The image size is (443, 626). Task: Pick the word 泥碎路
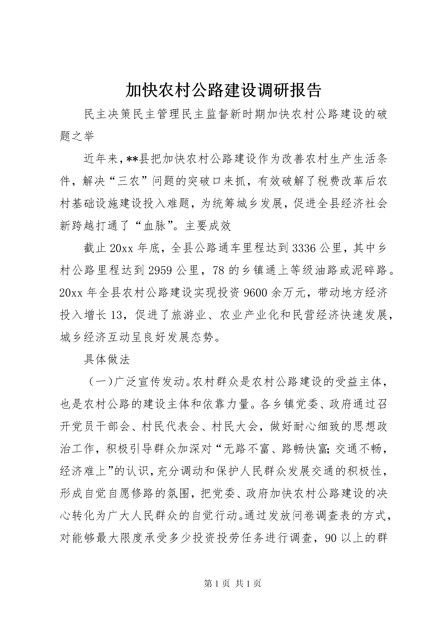tap(370, 270)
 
